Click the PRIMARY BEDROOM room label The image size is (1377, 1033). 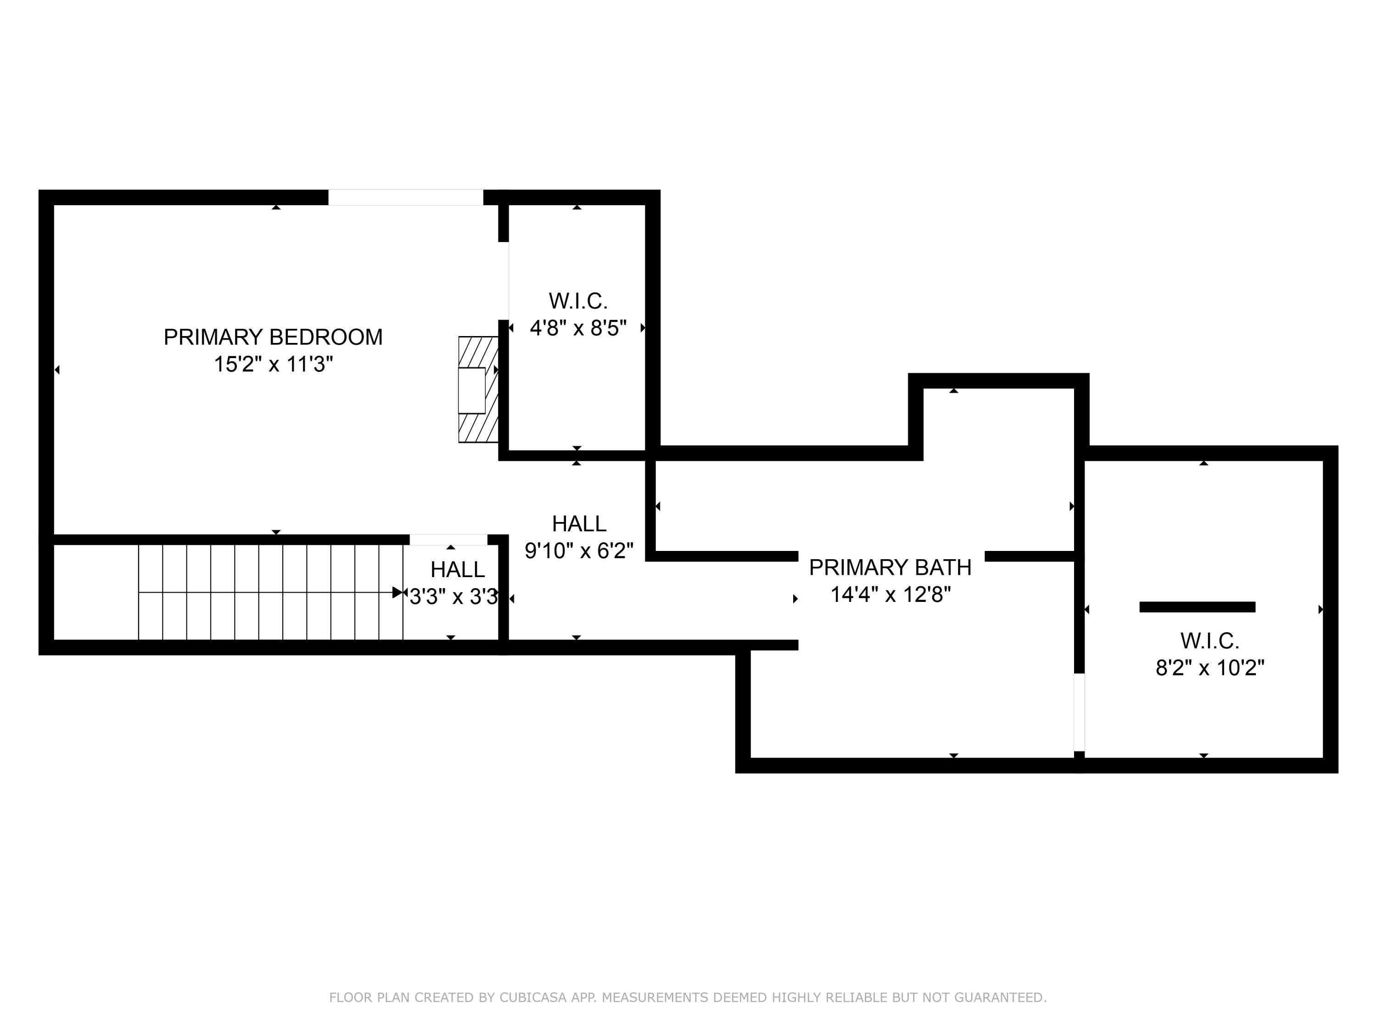273,337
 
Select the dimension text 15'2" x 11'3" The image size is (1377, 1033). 273,364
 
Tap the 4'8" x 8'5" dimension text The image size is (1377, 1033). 578,328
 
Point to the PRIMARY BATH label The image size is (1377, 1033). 890,567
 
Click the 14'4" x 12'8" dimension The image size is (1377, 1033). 890,595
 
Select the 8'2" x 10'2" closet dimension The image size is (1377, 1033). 1209,668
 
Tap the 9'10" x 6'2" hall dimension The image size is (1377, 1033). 579,550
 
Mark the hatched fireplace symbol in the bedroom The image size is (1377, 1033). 478,390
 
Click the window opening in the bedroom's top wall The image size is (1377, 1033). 405,197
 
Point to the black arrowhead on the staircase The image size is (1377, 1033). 397,593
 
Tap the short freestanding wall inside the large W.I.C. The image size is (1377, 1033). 1197,607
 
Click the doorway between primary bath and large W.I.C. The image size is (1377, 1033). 1079,713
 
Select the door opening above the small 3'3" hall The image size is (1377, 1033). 448,540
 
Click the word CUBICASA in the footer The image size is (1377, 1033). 533,998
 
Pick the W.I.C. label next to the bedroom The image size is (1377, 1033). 578,301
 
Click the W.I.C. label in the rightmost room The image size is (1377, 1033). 1209,641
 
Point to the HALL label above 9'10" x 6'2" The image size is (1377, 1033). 579,524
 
